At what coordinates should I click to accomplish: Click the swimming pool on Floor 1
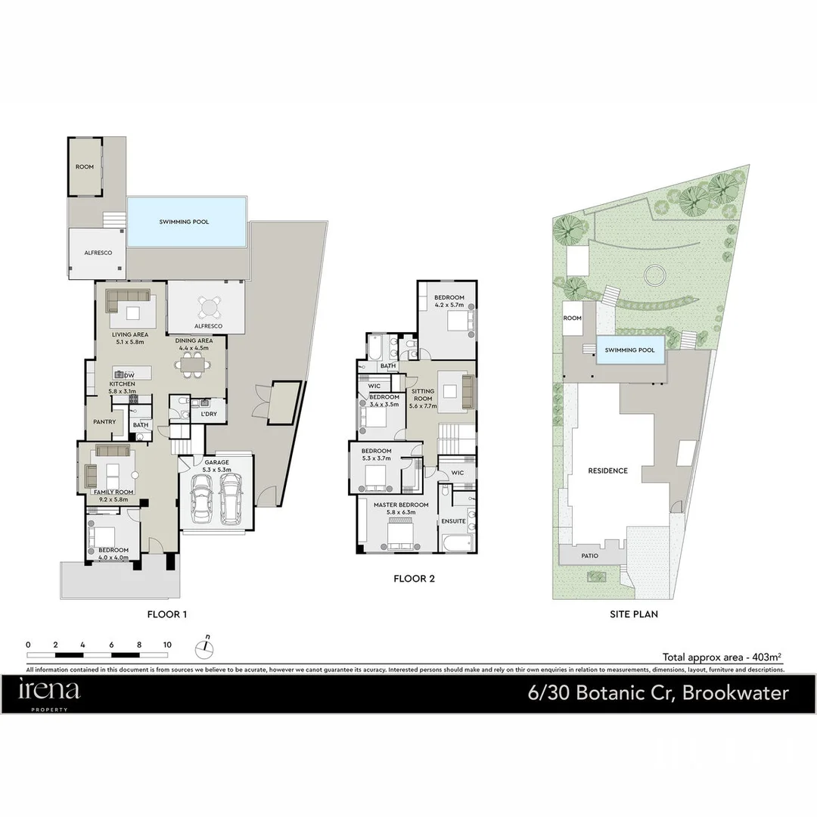(186, 222)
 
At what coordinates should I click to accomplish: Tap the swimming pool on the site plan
(630, 350)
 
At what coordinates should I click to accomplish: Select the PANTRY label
(104, 421)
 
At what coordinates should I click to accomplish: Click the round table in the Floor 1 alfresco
(207, 307)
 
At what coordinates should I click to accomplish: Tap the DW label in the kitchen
(129, 375)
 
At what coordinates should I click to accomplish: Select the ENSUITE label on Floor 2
(453, 520)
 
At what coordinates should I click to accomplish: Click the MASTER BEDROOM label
(401, 505)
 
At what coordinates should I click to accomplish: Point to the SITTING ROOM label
(422, 399)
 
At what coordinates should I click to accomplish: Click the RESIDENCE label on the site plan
(608, 471)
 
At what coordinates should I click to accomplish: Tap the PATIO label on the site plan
(589, 556)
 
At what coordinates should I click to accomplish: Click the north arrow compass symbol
(204, 647)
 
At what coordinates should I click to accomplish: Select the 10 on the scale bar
(167, 645)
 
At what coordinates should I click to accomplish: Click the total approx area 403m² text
(721, 657)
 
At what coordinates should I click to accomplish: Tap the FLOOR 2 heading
(414, 579)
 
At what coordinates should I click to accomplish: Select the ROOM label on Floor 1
(85, 166)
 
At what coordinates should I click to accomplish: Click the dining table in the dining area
(195, 366)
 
